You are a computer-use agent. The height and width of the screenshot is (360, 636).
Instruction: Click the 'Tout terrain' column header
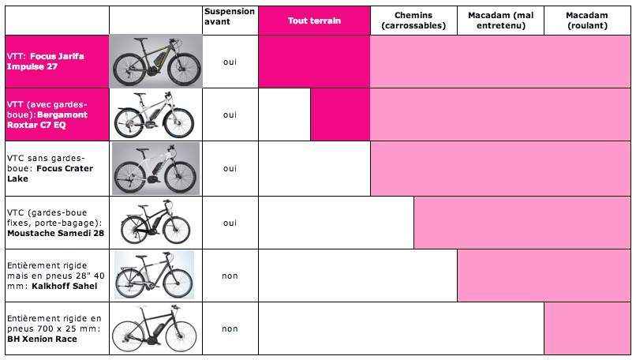[x=314, y=21]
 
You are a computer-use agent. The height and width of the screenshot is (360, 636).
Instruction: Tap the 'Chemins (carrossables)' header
[x=413, y=21]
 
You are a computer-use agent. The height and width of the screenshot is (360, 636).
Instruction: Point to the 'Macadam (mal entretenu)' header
[x=500, y=21]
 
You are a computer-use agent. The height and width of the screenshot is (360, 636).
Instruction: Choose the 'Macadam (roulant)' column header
[x=586, y=21]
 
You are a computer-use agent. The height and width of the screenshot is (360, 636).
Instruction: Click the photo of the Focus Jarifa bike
[x=155, y=62]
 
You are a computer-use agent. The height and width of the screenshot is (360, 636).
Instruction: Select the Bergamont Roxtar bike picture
[x=155, y=114]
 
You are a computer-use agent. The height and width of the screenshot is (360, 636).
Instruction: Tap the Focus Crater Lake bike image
[x=155, y=168]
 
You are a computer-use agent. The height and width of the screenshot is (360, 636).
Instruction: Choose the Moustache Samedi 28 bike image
[x=155, y=223]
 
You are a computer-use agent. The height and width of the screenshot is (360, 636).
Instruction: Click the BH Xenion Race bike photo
[x=155, y=329]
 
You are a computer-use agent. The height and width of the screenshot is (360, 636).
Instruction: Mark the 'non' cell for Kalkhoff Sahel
[x=230, y=276]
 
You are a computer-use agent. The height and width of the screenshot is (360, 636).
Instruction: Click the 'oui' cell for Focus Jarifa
[x=230, y=62]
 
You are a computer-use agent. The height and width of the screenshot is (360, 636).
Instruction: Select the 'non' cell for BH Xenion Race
[x=230, y=329]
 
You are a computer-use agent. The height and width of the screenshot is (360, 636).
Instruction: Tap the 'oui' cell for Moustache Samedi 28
[x=230, y=223]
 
